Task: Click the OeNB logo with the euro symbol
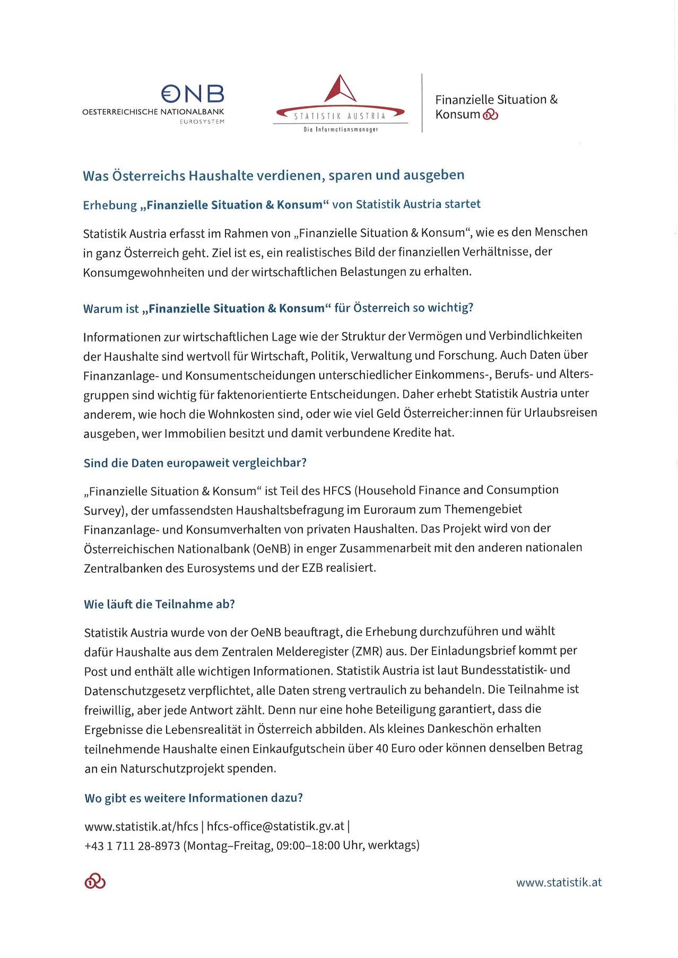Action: pyautogui.click(x=193, y=94)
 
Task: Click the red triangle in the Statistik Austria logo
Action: pyautogui.click(x=340, y=89)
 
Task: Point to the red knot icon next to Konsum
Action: pyautogui.click(x=490, y=115)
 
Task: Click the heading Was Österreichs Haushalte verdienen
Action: pyautogui.click(x=273, y=175)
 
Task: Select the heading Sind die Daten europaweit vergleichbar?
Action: pyautogui.click(x=195, y=463)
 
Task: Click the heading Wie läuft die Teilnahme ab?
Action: pyautogui.click(x=159, y=604)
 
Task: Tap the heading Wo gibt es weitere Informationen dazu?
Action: pyautogui.click(x=194, y=798)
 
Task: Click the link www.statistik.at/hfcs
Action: pyautogui.click(x=141, y=826)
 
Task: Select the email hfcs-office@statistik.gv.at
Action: pyautogui.click(x=275, y=826)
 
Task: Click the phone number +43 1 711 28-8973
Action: pyautogui.click(x=132, y=846)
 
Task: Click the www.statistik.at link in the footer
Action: pyautogui.click(x=559, y=882)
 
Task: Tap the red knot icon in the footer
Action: pyautogui.click(x=95, y=881)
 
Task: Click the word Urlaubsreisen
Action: pyautogui.click(x=560, y=413)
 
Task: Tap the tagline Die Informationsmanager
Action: pyautogui.click(x=340, y=129)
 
